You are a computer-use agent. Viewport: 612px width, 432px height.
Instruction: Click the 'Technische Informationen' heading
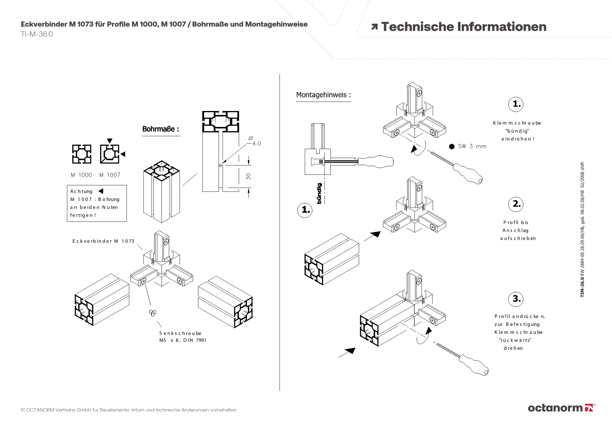[463, 27]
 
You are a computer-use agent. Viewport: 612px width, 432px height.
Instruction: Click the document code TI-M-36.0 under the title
[37, 34]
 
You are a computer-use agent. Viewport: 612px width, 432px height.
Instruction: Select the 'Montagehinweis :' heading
[323, 95]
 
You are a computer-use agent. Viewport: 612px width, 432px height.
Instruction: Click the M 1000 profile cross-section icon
[82, 154]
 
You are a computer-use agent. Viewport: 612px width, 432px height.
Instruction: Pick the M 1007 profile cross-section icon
[110, 154]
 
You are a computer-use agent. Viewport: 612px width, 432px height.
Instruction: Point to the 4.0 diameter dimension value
[256, 144]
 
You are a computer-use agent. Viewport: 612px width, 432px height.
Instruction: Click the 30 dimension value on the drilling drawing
[248, 176]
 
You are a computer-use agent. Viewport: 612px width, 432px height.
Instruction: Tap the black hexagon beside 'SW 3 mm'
[452, 146]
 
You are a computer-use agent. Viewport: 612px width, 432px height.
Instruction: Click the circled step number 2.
[516, 204]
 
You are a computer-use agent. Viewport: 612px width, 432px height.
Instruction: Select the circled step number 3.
[516, 299]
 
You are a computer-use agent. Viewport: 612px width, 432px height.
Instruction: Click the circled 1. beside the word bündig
[305, 210]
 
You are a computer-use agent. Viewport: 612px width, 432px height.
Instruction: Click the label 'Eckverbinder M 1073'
[103, 241]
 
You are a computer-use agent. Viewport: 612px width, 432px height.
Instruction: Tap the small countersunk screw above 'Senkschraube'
[153, 312]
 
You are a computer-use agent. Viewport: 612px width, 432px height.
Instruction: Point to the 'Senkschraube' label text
[180, 333]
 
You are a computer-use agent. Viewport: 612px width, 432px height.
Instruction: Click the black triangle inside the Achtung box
[101, 191]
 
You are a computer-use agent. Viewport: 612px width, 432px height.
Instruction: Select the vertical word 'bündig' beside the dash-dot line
[319, 194]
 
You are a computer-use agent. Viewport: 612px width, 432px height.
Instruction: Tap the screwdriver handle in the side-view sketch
[375, 161]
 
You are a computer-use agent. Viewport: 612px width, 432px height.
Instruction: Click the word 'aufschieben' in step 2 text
[518, 238]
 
